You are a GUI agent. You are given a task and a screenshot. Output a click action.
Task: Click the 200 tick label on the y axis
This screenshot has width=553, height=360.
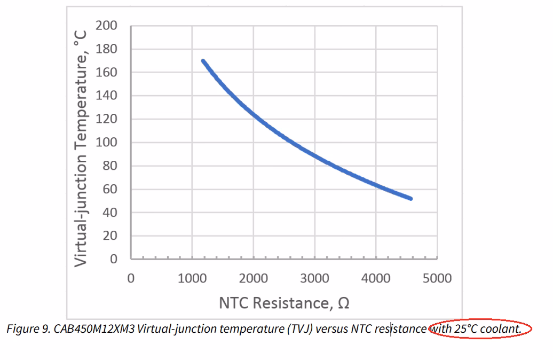pyautogui.click(x=106, y=26)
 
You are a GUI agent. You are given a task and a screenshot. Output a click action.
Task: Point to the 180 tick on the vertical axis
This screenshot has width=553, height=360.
pyautogui.click(x=106, y=49)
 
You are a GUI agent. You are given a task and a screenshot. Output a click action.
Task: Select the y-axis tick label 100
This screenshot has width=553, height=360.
pyautogui.click(x=106, y=143)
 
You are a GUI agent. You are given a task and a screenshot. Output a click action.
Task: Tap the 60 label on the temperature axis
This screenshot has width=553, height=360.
pyautogui.click(x=109, y=189)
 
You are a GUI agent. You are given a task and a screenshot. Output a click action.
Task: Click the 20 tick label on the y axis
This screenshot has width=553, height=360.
pyautogui.click(x=109, y=236)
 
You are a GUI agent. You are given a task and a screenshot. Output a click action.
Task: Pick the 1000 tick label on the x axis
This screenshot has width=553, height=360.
pyautogui.click(x=192, y=278)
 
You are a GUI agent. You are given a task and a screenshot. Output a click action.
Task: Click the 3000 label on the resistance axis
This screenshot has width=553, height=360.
pyautogui.click(x=314, y=278)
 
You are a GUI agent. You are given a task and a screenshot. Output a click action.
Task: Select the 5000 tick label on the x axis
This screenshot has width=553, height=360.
pyautogui.click(x=437, y=278)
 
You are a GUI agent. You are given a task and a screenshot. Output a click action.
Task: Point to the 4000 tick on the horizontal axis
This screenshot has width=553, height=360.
pyautogui.click(x=376, y=278)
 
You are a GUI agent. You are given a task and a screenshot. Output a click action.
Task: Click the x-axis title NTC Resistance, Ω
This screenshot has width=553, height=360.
pyautogui.click(x=284, y=303)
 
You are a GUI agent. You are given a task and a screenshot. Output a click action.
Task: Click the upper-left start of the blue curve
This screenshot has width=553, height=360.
pyautogui.click(x=203, y=61)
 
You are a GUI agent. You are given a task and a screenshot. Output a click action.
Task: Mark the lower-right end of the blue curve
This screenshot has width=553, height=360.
pyautogui.click(x=410, y=198)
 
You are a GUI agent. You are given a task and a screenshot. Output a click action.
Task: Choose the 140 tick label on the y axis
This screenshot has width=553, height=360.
pyautogui.click(x=106, y=96)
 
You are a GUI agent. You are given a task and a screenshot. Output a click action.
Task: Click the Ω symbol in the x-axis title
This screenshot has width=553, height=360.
pyautogui.click(x=344, y=303)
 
